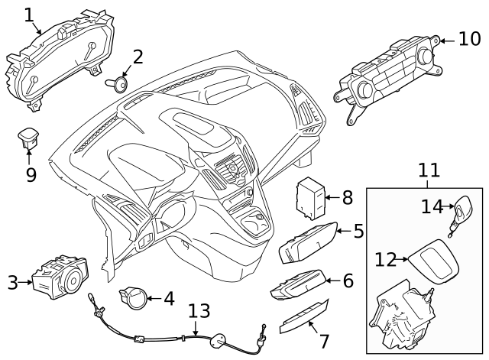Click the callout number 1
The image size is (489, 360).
click(29, 15)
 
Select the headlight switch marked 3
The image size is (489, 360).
click(62, 276)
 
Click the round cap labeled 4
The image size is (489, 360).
click(134, 296)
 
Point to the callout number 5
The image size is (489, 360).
click(358, 230)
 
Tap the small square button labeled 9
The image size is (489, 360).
click(31, 138)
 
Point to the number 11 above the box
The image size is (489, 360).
click(429, 170)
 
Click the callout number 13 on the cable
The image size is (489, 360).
click(198, 311)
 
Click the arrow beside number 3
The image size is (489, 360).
click(26, 283)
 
